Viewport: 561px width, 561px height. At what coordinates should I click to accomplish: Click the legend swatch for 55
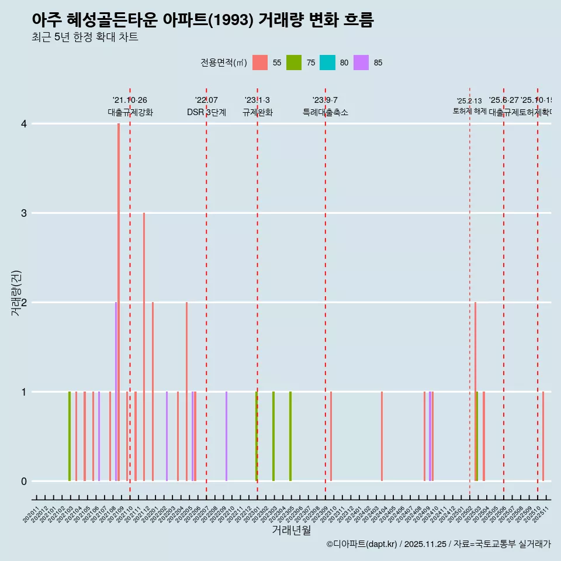click(x=260, y=63)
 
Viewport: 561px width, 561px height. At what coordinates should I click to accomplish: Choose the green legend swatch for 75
click(x=294, y=63)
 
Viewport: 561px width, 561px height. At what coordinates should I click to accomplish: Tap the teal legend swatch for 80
click(x=328, y=63)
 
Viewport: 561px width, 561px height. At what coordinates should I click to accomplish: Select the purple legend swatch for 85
click(x=362, y=63)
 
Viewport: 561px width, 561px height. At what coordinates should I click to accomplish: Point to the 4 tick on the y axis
click(x=24, y=123)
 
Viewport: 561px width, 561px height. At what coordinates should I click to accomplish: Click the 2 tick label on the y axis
click(x=24, y=302)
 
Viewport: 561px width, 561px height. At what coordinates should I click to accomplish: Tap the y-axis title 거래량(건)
click(x=16, y=293)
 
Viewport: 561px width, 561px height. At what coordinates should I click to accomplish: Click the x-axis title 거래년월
click(x=291, y=530)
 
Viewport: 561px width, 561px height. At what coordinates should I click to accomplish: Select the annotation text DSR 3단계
click(x=206, y=112)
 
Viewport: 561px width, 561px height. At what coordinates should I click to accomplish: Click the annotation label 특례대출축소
click(x=325, y=112)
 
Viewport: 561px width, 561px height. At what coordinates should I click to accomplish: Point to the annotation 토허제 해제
click(x=469, y=110)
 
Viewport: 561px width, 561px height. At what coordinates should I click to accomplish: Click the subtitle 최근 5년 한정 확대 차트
click(x=85, y=37)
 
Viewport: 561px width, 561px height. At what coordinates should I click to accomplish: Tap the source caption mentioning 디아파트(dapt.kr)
click(x=438, y=544)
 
